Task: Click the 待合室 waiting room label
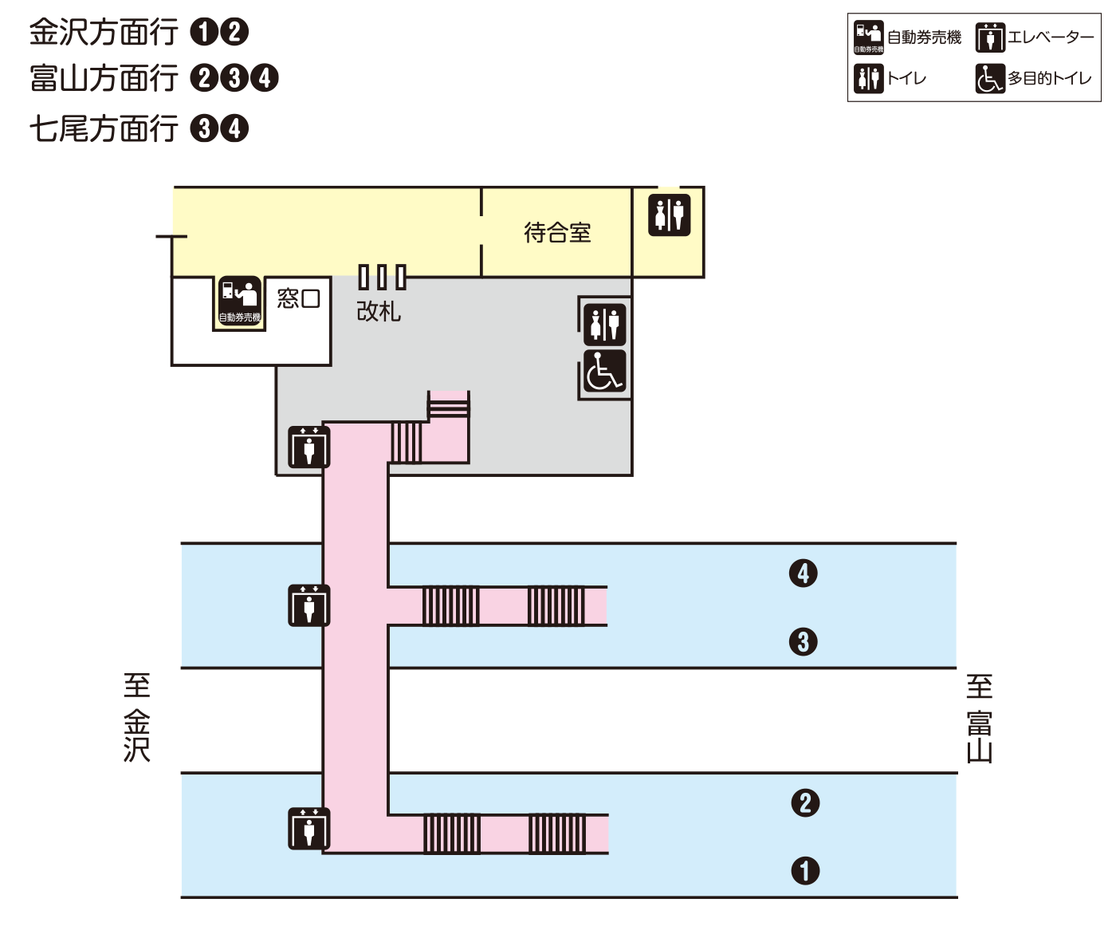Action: click(x=557, y=233)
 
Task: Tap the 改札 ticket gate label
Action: click(x=379, y=311)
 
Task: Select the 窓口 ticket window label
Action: click(x=298, y=298)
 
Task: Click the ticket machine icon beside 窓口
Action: click(x=240, y=301)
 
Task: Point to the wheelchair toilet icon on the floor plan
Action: click(x=604, y=372)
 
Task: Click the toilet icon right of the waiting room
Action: click(x=669, y=215)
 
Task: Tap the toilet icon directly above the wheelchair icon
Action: click(x=604, y=324)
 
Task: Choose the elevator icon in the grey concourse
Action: click(x=308, y=447)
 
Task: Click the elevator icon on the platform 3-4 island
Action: click(x=308, y=605)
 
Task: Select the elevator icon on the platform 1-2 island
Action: click(x=308, y=829)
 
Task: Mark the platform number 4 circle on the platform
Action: click(x=804, y=573)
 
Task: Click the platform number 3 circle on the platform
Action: click(x=804, y=641)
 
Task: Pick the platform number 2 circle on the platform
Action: click(x=805, y=802)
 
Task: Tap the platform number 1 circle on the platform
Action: click(x=805, y=870)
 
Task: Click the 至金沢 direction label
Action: click(x=137, y=718)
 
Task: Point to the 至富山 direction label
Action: click(x=980, y=719)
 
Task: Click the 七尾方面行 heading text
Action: click(x=104, y=128)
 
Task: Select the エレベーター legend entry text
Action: click(x=1051, y=37)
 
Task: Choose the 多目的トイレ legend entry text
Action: click(x=1049, y=78)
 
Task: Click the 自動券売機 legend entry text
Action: click(x=924, y=37)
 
